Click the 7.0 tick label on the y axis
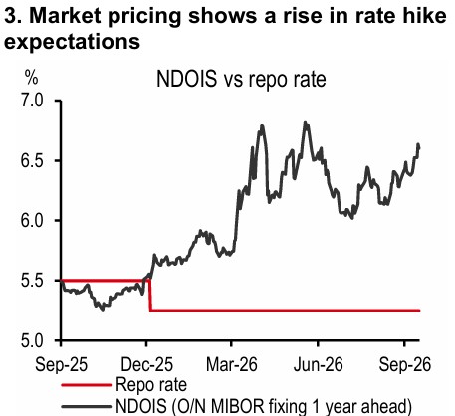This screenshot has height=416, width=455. click(32, 101)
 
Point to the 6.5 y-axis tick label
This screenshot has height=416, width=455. click(32, 160)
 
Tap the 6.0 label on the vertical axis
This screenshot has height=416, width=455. click(32, 220)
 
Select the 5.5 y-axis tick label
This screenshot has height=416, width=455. click(32, 281)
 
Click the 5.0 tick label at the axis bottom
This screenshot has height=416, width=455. click(32, 341)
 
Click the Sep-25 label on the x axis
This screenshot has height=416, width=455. click(61, 364)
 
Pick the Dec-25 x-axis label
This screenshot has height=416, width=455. click(146, 364)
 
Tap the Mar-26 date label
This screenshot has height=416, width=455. click(232, 364)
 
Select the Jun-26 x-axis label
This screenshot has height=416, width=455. click(318, 364)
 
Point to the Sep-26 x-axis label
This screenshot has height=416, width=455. click(405, 364)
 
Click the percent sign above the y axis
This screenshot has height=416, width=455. click(31, 78)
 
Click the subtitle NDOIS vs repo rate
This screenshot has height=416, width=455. click(241, 79)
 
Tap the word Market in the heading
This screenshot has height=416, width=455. click(66, 16)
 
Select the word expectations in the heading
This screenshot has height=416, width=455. click(72, 42)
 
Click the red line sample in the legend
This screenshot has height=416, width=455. click(86, 385)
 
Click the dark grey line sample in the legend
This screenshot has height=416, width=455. click(86, 407)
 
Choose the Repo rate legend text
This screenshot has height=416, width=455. click(151, 385)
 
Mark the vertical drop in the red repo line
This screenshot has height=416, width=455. click(150, 296)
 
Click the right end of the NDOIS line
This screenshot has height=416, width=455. click(419, 147)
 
